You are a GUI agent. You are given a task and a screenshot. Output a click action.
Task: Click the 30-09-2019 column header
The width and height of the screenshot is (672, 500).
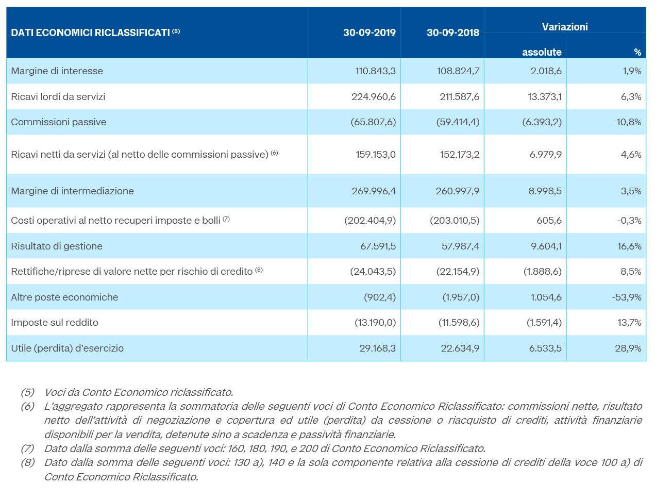click(x=369, y=32)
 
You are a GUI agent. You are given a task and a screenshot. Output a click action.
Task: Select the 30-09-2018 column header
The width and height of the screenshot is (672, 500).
click(x=453, y=32)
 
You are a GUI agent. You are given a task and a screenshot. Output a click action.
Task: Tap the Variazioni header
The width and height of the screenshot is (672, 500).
click(x=565, y=27)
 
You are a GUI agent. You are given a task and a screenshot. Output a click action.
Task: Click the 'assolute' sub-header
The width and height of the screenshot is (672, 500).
click(x=542, y=52)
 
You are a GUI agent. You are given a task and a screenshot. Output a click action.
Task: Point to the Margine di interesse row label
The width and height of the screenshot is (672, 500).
click(x=57, y=71)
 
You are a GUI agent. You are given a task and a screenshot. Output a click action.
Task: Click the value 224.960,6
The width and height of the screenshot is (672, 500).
click(x=373, y=97)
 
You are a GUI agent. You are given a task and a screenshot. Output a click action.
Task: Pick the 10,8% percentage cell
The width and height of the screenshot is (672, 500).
click(x=629, y=122)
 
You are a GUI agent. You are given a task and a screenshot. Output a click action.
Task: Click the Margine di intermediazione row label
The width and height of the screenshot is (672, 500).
click(x=73, y=191)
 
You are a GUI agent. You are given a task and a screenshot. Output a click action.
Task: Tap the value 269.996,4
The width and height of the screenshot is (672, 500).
click(x=374, y=191)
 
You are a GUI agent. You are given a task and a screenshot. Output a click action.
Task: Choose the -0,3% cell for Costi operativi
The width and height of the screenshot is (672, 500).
click(x=629, y=220)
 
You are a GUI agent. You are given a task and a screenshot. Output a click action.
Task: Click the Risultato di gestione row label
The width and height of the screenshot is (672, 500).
click(x=57, y=246)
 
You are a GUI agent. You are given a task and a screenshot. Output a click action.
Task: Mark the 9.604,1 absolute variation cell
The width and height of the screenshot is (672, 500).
click(x=546, y=246)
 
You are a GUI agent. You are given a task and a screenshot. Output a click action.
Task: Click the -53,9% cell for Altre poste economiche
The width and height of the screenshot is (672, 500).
click(x=626, y=297)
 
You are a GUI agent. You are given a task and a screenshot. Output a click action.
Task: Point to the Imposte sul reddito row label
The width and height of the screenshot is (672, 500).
click(x=55, y=323)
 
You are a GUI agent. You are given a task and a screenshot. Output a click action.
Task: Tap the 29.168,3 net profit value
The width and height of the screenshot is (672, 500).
click(x=378, y=348)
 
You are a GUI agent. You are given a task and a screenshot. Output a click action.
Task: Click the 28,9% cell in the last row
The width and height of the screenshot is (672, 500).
click(x=628, y=348)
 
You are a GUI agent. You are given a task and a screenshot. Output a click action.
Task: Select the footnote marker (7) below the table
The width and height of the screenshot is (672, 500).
click(x=28, y=448)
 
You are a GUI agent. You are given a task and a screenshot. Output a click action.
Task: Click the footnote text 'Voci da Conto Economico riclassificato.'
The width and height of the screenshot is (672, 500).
click(x=139, y=392)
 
